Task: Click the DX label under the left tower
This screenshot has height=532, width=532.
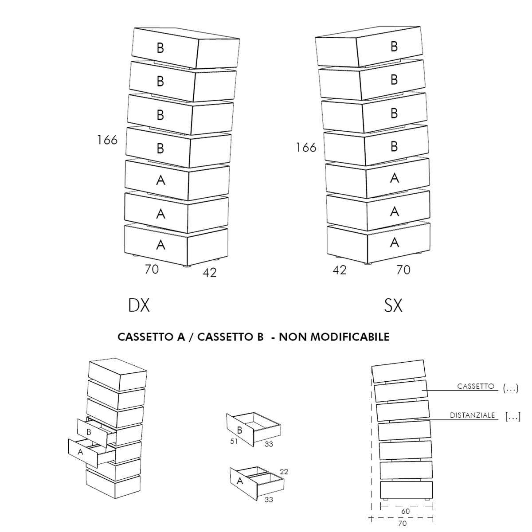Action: (x=139, y=305)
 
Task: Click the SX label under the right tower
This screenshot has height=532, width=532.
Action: (x=393, y=305)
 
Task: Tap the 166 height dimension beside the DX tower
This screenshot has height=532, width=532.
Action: (x=107, y=140)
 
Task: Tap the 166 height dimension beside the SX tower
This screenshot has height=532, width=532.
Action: (x=306, y=147)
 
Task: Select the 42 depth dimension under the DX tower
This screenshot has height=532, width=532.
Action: (x=209, y=273)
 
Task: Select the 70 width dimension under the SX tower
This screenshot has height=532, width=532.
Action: (x=403, y=270)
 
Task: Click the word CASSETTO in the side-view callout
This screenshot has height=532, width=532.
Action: (x=476, y=386)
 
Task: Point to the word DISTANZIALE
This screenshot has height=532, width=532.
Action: (x=472, y=416)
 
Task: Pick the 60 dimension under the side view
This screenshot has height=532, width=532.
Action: (x=405, y=511)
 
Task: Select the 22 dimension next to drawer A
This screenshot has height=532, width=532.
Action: (x=284, y=472)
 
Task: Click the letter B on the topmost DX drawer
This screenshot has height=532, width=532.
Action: (x=160, y=47)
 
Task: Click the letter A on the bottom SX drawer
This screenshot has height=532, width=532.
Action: (x=394, y=243)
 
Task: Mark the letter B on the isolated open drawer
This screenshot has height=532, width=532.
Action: (x=240, y=430)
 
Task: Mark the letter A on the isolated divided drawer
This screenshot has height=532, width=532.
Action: (x=240, y=481)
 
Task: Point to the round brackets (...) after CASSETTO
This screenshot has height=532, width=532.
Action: (x=510, y=389)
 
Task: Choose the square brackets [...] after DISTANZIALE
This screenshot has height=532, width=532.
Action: (x=512, y=416)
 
